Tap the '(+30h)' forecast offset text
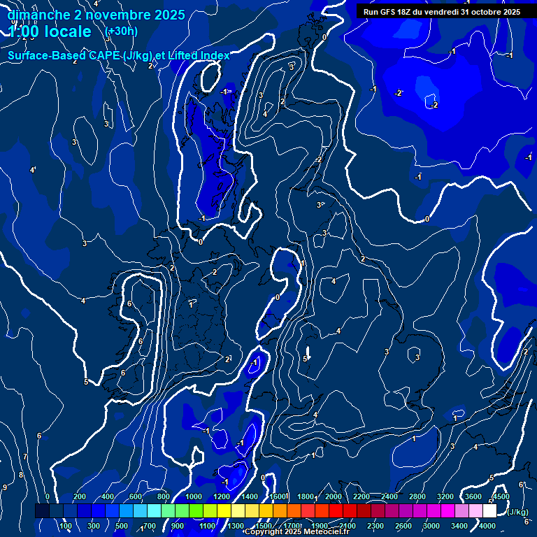tap(121, 31)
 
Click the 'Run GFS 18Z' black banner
tap(441, 11)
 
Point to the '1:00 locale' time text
tap(50, 31)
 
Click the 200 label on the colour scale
tap(80, 496)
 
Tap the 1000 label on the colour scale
tap(194, 496)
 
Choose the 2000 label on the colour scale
tap(334, 496)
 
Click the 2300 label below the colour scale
tap(375, 526)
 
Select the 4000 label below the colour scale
tap(487, 526)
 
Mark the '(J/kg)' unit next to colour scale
tap(517, 513)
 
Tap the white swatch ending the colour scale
tap(489, 511)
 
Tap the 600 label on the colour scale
tap(136, 496)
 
